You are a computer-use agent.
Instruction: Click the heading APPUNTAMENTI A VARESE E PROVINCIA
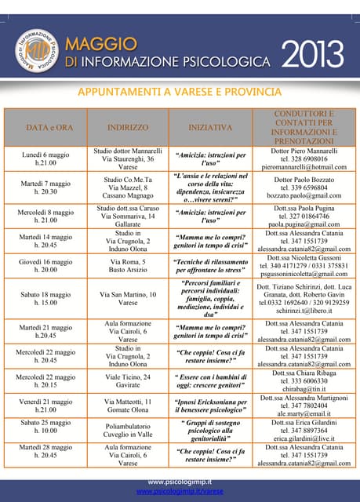point(180,93)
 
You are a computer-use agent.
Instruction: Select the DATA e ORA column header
point(49,126)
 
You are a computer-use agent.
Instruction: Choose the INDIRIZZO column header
point(128,126)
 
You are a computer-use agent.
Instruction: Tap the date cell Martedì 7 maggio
point(49,187)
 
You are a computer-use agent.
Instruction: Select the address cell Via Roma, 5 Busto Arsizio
point(128,264)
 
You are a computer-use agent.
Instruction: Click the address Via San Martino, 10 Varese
point(128,299)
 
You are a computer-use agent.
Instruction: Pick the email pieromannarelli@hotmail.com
point(304,167)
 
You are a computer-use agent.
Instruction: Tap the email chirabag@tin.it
point(304,387)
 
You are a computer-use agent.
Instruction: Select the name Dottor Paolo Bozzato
point(304,179)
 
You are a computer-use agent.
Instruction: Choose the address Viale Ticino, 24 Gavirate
point(128,382)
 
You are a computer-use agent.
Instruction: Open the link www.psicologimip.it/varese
point(180,491)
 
